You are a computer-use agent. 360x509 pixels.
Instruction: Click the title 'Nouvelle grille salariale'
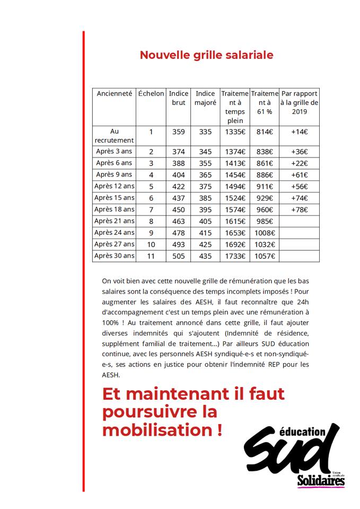coord(206,55)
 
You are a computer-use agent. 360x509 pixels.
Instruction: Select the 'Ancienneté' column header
coord(114,93)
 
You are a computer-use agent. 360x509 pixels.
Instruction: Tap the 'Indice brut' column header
coord(179,98)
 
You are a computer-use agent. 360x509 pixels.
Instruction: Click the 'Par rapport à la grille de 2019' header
coord(299,102)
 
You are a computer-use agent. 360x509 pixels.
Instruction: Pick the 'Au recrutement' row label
coord(114,136)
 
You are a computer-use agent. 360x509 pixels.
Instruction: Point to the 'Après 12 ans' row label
coord(114,186)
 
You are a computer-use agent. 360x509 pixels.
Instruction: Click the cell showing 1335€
coord(235,132)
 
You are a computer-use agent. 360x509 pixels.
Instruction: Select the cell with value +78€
coord(299,209)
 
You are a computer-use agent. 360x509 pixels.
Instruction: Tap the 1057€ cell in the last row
coord(264,256)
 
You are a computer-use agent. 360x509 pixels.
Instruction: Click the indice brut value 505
coord(179,256)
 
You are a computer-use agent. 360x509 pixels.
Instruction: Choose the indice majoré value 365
coord(205,174)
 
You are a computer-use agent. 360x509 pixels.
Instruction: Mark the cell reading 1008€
coord(264,233)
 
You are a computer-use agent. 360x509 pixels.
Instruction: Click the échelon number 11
coord(151,256)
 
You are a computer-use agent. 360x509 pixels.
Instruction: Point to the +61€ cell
coord(299,174)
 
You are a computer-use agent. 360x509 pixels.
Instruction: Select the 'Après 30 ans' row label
coord(114,256)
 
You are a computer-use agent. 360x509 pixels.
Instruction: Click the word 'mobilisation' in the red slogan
coord(159,429)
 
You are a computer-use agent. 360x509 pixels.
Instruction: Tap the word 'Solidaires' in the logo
coord(321,480)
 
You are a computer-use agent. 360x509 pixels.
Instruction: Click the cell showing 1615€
coord(235,221)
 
